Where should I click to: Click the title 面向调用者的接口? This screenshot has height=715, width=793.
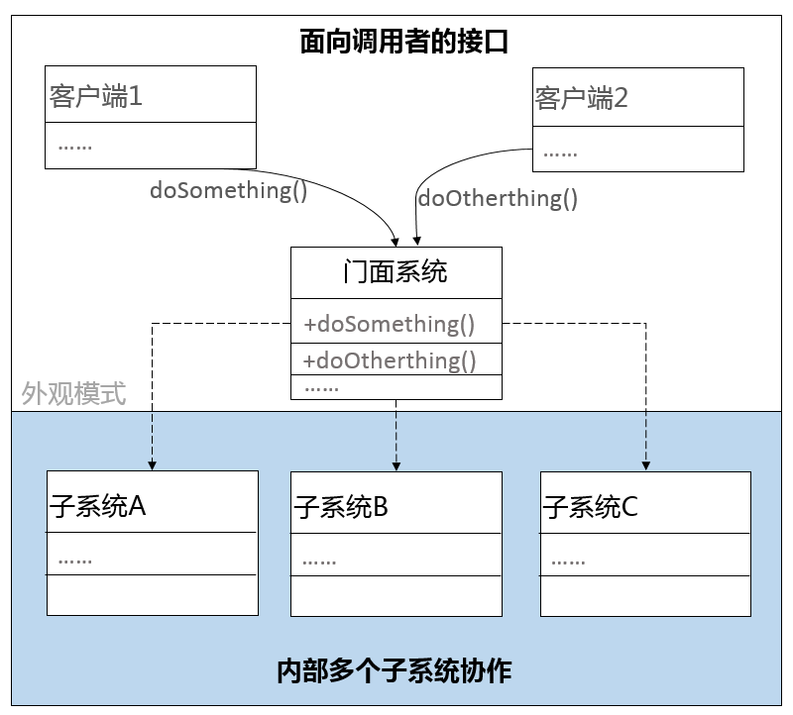coord(396,42)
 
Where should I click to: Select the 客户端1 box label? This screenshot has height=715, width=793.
coord(96,96)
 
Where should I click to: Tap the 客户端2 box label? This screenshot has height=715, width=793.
coord(582,98)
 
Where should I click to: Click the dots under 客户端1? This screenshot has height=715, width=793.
coord(74,146)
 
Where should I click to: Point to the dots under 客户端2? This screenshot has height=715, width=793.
coord(560,153)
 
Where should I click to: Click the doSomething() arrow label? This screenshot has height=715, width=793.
coord(228,190)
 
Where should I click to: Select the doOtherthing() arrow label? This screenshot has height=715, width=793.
coord(498,198)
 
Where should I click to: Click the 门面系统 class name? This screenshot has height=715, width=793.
coord(396,271)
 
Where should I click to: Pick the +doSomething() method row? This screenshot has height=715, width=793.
coord(390,324)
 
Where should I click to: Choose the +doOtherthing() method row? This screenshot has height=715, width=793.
coord(390,359)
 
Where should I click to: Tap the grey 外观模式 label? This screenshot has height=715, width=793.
coord(74,394)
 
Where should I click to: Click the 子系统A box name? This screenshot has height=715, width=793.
coord(98,506)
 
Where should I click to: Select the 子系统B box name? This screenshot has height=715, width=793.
coord(341,508)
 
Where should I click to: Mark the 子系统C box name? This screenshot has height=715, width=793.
coord(590,508)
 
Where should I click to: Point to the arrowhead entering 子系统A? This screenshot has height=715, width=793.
coord(152,463)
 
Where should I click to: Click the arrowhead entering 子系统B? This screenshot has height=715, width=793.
coord(396,463)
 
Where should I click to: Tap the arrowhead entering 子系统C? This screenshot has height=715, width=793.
coord(646,463)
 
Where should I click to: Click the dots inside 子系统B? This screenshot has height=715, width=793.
coord(319,562)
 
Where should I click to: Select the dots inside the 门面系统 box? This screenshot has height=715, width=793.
coord(321,387)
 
